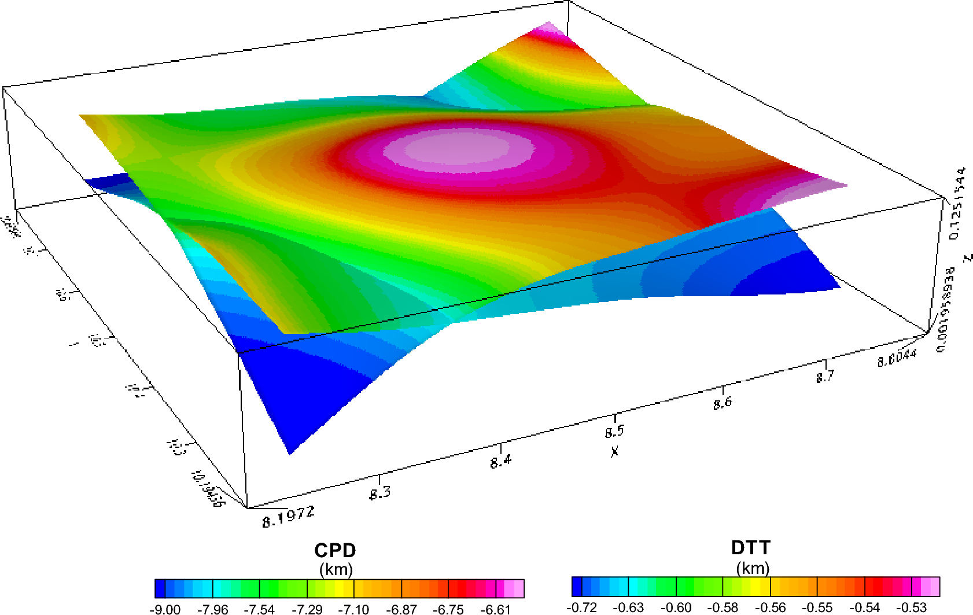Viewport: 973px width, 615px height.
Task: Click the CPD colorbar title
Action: [335, 550]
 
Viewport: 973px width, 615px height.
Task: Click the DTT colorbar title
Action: [751, 547]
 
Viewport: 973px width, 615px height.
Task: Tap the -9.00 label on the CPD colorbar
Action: [165, 609]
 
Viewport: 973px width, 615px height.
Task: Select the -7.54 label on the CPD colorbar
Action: [259, 609]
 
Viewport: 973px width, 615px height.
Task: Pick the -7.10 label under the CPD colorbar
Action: [353, 609]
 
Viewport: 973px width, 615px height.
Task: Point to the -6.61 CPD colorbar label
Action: [495, 609]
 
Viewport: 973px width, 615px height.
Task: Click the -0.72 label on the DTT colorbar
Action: [581, 607]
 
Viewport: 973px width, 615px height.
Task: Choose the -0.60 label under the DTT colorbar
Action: [676, 607]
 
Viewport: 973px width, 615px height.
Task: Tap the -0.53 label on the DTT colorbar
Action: [911, 607]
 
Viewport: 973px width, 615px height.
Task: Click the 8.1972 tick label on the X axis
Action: [288, 516]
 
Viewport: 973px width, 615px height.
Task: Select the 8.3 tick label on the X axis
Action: [380, 493]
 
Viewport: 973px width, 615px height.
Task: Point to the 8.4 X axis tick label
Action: [501, 462]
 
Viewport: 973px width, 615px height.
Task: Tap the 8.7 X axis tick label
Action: [825, 377]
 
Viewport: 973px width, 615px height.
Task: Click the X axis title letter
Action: [614, 451]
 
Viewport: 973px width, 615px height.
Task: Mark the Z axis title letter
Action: [967, 257]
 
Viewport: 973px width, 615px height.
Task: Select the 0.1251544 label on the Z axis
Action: [957, 203]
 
